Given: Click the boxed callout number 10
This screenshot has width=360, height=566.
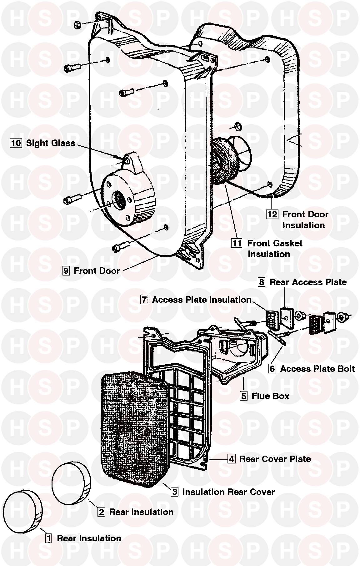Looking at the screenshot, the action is point(16,143).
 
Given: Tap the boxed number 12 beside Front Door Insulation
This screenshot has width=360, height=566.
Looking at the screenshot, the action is point(272,214).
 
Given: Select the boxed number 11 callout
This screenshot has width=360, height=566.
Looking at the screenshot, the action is point(237,243).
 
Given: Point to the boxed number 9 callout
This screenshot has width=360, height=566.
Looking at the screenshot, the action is point(66,270).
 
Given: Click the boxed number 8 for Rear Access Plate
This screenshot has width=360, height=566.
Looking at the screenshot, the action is point(262,282).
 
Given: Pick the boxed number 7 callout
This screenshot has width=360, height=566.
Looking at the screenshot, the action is point(144,300).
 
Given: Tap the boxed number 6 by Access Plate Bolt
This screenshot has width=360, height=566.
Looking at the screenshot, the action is point(272,369).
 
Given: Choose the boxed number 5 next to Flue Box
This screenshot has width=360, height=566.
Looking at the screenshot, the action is point(244,396).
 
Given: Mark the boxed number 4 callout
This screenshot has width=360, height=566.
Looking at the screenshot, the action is point(231,459).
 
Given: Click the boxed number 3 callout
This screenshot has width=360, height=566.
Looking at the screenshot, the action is point(175,492).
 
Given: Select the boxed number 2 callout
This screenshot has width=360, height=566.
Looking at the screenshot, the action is point(101,512).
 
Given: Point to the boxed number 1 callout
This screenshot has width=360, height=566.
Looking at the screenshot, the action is point(48,538).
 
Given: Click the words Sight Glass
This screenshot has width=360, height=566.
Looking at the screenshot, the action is point(50,143).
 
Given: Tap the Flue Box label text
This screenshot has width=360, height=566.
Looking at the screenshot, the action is point(270,396).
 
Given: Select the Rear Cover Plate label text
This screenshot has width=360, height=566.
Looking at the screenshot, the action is point(275,459).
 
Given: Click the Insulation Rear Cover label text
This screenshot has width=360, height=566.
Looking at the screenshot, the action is point(228,492).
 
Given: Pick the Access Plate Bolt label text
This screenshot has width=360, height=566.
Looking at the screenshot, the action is point(317,369).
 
